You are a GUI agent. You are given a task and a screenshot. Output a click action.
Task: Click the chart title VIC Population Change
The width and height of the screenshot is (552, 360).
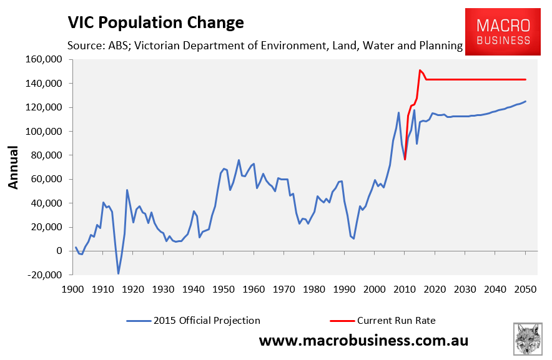155,23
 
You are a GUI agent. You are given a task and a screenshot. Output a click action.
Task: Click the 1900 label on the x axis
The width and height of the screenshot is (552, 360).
72,289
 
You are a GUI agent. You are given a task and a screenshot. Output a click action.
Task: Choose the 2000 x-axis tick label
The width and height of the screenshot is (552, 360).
374,289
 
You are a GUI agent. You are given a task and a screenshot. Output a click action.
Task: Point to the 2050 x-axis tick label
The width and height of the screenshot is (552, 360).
525,289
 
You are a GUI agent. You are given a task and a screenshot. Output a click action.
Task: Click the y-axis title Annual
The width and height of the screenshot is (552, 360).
14,167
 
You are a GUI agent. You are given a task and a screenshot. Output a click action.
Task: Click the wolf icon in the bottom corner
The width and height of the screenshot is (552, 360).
528,339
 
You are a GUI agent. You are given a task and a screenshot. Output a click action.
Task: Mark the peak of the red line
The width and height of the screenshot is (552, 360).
420,70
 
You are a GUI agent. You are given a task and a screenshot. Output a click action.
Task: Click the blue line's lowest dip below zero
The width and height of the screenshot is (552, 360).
118,273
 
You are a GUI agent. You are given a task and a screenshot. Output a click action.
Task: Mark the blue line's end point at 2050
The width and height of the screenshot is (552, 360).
525,101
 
